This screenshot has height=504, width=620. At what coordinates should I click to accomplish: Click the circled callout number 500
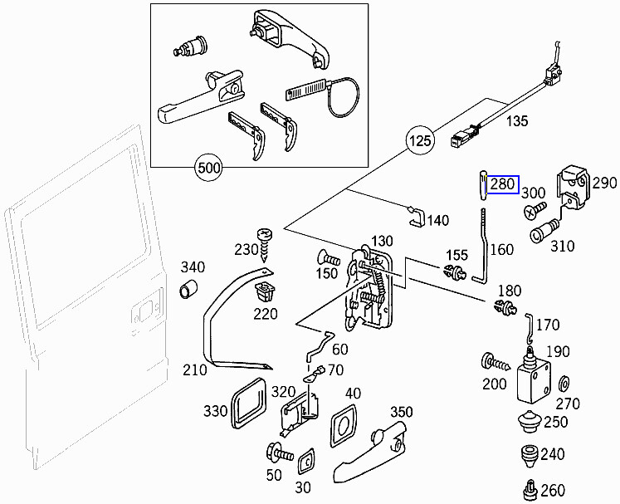[x=209, y=169]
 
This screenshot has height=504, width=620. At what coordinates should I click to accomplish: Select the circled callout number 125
[x=421, y=141]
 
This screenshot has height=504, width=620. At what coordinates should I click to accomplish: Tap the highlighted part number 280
[x=503, y=184]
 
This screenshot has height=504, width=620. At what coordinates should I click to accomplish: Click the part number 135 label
[x=517, y=121]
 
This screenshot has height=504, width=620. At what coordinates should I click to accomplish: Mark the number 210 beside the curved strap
[x=194, y=369]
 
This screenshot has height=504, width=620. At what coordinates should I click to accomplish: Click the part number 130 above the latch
[x=381, y=241]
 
